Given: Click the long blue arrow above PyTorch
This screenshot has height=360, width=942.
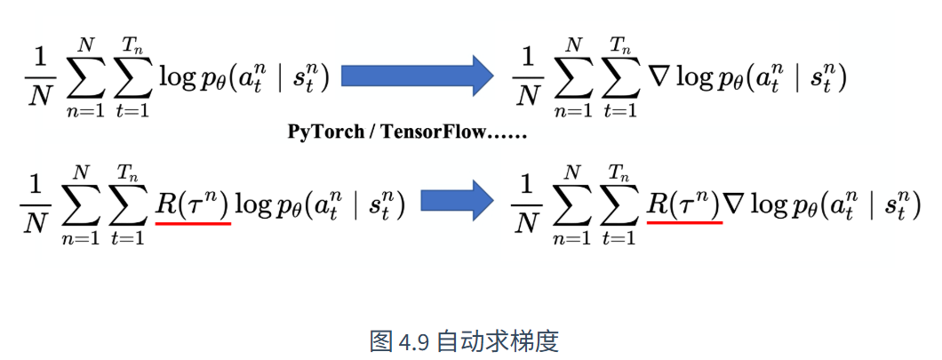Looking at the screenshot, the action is (418, 76).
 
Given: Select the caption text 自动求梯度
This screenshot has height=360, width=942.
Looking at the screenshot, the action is (498, 341).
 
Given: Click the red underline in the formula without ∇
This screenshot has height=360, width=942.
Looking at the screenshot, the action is (193, 223).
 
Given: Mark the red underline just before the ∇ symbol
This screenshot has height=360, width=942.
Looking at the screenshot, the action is (685, 221).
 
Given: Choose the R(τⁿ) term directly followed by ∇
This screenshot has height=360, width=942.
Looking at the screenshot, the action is (684, 204).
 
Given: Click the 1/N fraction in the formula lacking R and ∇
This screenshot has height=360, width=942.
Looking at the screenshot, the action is (39, 78).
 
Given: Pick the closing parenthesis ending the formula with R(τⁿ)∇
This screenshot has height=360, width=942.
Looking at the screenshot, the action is (915, 205).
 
